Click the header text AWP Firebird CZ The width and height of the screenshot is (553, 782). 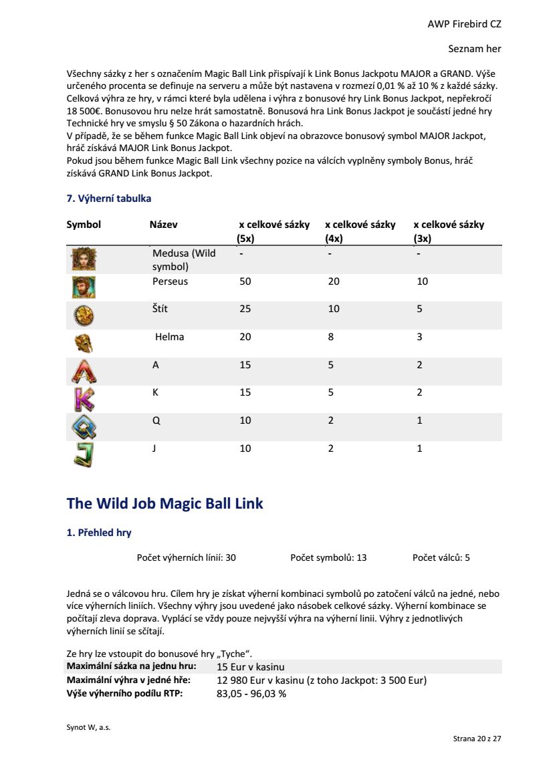tap(464, 24)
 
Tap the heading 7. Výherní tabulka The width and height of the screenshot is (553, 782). tap(108, 199)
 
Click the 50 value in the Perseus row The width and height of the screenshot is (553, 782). tap(245, 281)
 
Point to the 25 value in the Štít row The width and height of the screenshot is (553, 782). tap(245, 309)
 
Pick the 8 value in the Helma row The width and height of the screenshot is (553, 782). tap(330, 337)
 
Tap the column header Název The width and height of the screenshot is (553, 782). tap(164, 225)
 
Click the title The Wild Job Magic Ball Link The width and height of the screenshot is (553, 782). tap(164, 503)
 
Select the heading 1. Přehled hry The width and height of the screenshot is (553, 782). tap(99, 533)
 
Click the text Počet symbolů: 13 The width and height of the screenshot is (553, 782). tap(328, 557)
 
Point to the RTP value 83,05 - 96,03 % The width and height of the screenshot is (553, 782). tap(251, 694)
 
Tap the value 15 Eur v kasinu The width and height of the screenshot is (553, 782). tap(251, 667)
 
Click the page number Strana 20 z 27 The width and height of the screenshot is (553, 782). tap(477, 739)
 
